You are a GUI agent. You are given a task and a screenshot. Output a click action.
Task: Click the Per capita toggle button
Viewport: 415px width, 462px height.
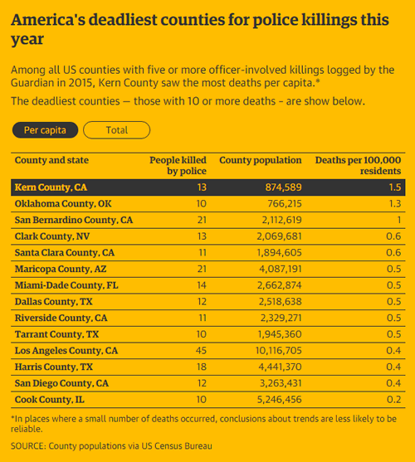45,130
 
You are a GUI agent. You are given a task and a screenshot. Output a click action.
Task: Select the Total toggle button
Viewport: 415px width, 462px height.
117,130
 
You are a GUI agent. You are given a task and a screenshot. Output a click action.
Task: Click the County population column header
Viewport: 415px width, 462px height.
261,160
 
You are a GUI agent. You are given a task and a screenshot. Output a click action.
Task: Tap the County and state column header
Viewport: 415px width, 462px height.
51,160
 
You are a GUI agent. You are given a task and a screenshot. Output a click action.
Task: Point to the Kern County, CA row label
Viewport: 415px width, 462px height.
51,187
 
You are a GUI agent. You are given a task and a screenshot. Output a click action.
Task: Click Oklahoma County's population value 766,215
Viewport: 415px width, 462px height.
285,203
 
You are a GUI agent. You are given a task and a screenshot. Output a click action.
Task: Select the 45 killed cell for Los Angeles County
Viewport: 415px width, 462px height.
201,351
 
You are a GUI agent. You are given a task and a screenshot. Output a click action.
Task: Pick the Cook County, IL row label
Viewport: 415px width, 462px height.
50,400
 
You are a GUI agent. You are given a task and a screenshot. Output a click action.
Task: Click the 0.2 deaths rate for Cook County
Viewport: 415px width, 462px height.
393,400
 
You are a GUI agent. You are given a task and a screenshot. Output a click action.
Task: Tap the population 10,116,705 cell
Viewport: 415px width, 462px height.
279,351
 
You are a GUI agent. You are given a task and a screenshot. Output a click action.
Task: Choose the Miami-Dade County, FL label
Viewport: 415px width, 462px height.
66,285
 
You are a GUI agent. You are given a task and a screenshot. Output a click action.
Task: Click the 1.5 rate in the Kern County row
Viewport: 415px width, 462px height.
395,187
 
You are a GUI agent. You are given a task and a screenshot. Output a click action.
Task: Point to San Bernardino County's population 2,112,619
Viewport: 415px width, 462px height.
281,220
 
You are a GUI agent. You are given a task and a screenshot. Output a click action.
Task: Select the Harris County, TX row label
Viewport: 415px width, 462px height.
54,367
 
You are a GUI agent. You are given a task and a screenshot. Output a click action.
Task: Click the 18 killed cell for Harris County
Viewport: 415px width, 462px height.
202,367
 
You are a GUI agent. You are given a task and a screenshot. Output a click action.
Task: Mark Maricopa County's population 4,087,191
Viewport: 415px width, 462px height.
281,269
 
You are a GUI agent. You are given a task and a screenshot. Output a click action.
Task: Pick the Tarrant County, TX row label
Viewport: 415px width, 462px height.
56,334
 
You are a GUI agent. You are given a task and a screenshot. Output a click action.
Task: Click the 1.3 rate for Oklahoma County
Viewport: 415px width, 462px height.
395,203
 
